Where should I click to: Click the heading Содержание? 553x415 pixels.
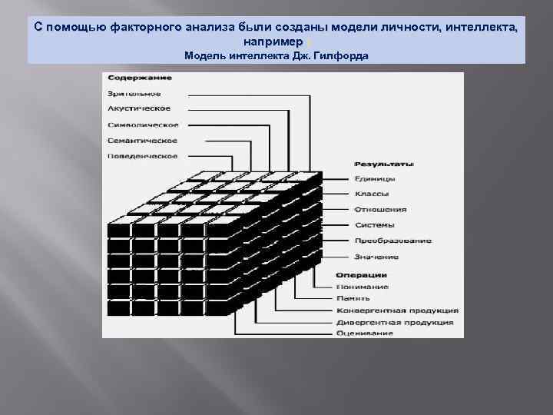(139, 78)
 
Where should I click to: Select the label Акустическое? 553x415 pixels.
(139, 109)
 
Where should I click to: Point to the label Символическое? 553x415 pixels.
(143, 125)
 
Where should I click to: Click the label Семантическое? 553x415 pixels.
(142, 141)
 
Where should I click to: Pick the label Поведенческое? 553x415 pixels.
(142, 156)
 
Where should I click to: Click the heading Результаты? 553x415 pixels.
(384, 164)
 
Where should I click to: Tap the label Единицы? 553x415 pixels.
(375, 178)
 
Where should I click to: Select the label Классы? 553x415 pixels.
(372, 194)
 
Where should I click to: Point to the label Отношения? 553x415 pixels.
(380, 210)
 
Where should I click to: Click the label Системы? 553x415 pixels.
(374, 225)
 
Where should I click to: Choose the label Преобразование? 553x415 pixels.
(392, 241)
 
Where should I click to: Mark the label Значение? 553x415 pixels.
(376, 257)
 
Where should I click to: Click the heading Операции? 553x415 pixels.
(361, 274)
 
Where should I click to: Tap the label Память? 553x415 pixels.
(353, 298)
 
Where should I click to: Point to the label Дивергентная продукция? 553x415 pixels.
(395, 322)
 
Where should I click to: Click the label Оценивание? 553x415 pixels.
(364, 334)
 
